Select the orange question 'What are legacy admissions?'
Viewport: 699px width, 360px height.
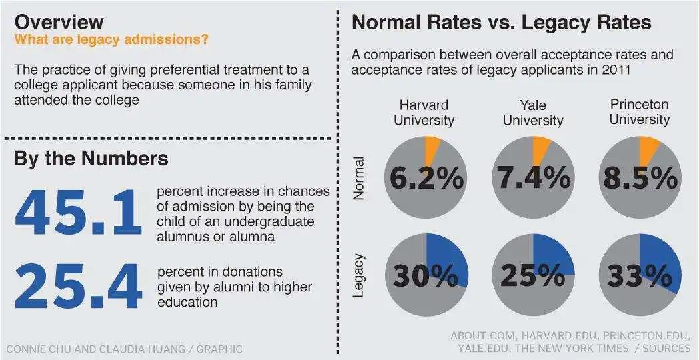(111, 39)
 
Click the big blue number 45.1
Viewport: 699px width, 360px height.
(78, 213)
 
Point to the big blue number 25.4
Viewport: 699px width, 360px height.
(78, 287)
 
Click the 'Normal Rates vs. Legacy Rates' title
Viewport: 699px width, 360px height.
(501, 22)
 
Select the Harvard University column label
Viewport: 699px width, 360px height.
(424, 112)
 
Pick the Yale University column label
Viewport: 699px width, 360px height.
(532, 113)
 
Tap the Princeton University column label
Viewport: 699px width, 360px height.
(639, 111)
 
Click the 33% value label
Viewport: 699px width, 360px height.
(640, 275)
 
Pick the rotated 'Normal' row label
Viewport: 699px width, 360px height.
(360, 178)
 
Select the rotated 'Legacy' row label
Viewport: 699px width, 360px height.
(360, 275)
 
